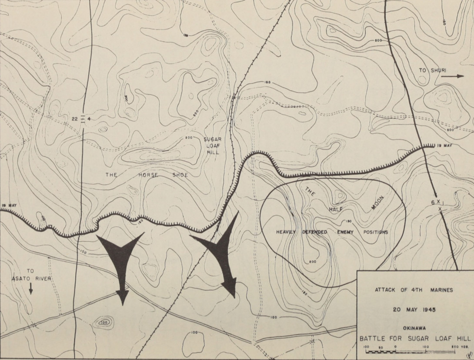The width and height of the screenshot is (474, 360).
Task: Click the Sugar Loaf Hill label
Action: coord(213,146)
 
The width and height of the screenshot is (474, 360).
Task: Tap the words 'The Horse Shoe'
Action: coord(147,175)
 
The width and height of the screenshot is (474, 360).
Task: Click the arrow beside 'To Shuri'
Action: coord(454,76)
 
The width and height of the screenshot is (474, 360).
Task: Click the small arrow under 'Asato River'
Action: coord(31,288)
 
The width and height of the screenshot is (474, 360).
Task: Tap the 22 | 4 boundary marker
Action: coord(82,119)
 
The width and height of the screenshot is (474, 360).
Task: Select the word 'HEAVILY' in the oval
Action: coord(286,232)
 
